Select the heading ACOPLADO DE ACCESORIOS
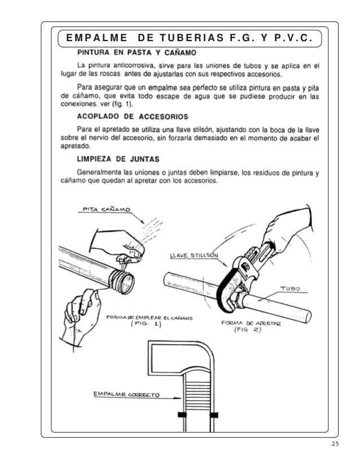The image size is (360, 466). tap(132, 117)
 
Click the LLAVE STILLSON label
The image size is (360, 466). tap(195, 255)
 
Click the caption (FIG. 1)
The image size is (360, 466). tap(144, 326)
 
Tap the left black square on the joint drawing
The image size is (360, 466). tap(182, 415)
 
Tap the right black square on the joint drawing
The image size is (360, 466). tap(214, 415)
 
